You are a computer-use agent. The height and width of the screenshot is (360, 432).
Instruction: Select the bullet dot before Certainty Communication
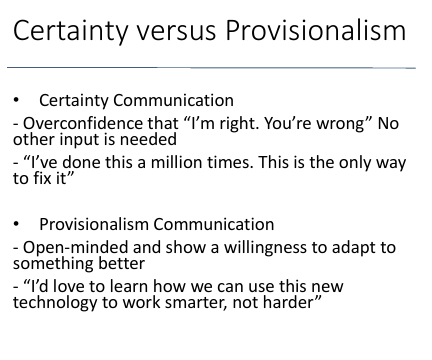pyautogui.click(x=16, y=101)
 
